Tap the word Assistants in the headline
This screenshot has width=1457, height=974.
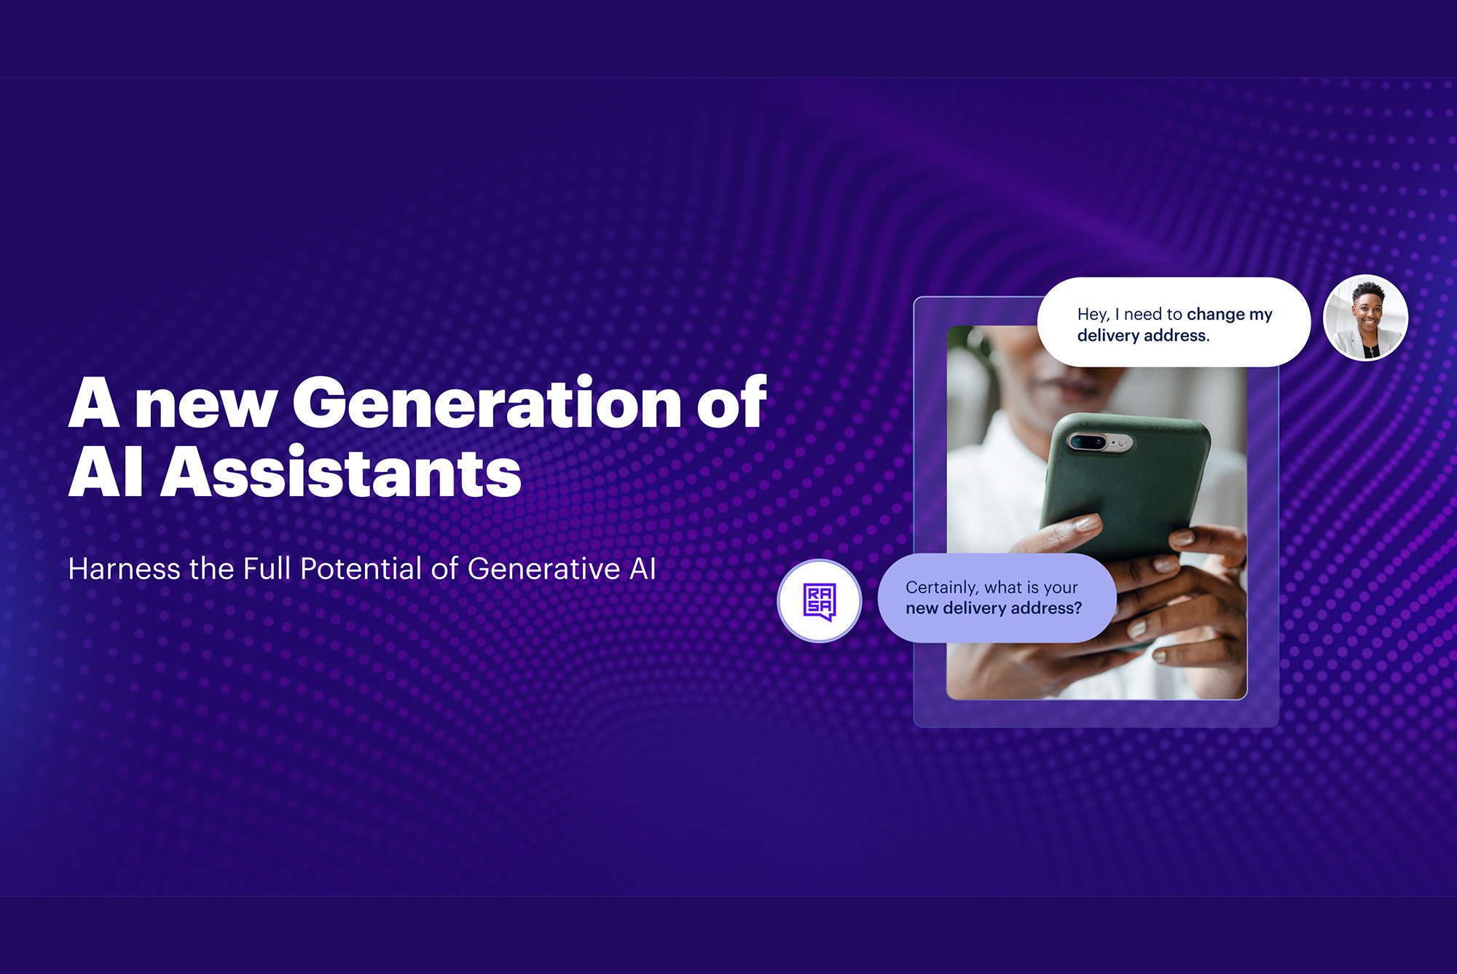340,473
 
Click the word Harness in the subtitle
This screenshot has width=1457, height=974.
124,569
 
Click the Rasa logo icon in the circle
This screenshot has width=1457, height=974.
819,602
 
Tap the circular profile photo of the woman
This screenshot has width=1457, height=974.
1365,318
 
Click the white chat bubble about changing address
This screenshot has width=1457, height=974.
1174,322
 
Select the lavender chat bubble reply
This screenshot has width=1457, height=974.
997,598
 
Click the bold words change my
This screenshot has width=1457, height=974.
1230,315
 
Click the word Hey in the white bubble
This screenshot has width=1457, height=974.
1093,315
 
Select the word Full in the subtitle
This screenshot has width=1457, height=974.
266,569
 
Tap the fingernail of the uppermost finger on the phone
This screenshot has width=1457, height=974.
1088,523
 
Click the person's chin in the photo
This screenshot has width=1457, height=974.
1071,390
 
